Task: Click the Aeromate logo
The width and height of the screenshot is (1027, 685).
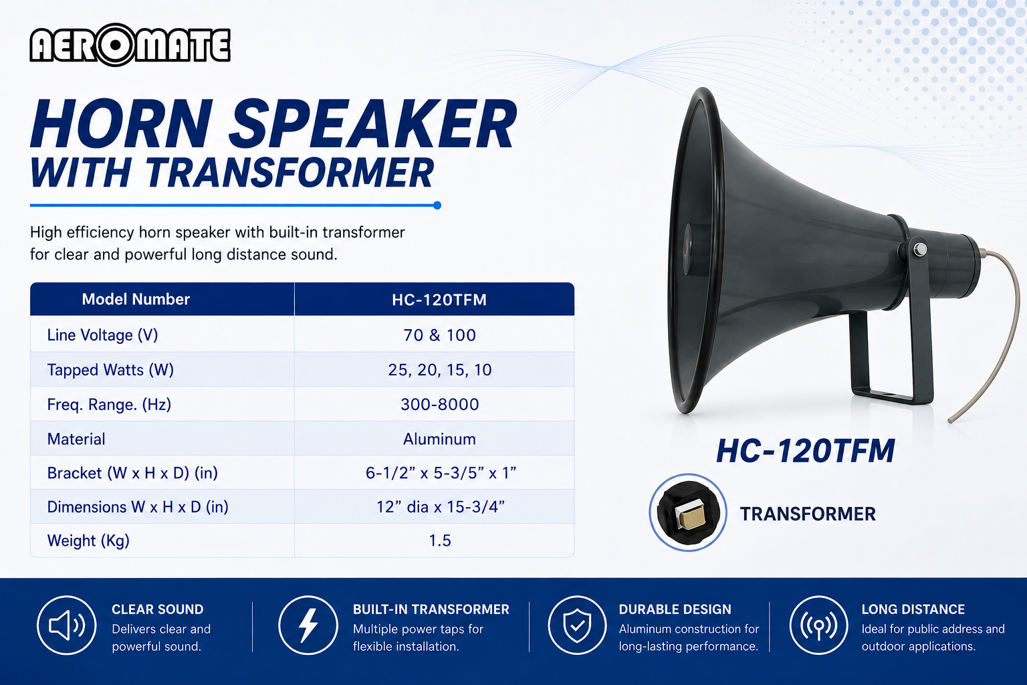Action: (130, 45)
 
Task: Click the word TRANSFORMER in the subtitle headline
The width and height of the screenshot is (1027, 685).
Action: (290, 173)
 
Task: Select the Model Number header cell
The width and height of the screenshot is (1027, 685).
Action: (136, 299)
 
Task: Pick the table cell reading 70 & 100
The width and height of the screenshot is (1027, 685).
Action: (439, 335)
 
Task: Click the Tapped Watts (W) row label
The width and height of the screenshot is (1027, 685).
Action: (110, 370)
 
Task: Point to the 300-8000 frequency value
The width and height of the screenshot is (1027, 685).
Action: (440, 404)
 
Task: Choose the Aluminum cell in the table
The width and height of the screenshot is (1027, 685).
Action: (439, 439)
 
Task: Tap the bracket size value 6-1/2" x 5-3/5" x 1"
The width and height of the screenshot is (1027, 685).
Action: (441, 472)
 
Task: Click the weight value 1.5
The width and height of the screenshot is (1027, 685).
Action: (440, 541)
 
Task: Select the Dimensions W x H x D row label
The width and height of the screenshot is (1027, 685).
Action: (138, 507)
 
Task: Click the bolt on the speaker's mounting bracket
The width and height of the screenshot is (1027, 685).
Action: (920, 249)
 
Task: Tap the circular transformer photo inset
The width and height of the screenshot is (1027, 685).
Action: (688, 512)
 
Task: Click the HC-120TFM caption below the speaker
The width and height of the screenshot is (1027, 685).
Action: (805, 451)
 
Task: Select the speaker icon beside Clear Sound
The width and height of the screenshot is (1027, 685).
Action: (66, 625)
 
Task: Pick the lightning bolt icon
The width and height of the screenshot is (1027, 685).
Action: (308, 625)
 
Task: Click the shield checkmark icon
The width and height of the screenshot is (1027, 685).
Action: (577, 625)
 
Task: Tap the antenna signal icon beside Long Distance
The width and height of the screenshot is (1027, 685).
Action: (819, 625)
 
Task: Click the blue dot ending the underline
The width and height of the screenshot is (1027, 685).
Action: (437, 205)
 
